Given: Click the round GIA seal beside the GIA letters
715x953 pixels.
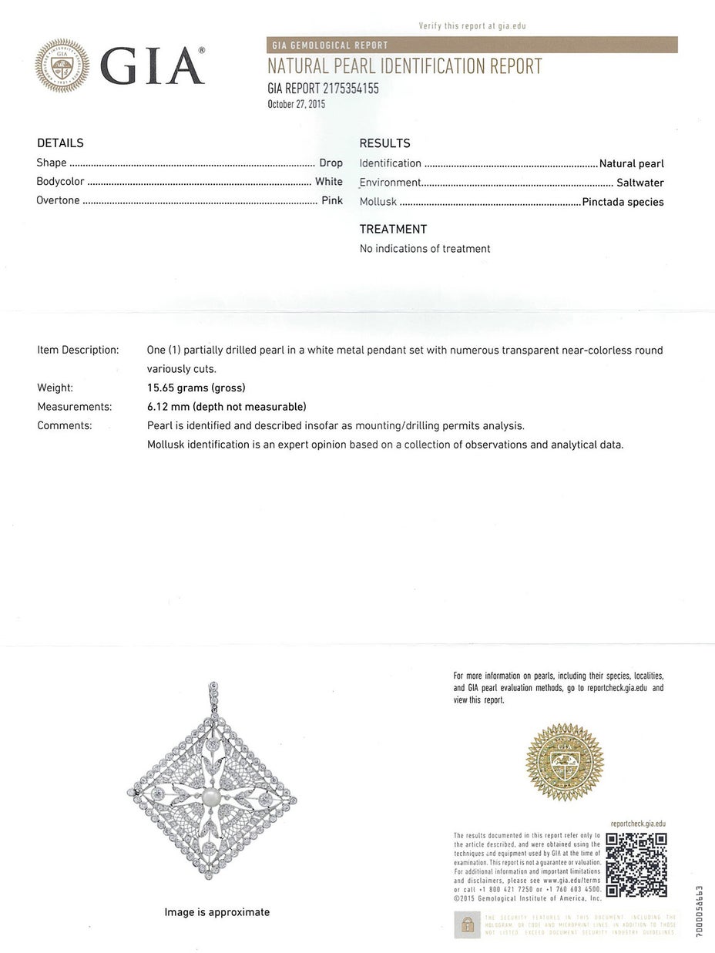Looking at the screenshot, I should [x=62, y=66].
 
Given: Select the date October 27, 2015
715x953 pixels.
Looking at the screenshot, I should [x=297, y=104].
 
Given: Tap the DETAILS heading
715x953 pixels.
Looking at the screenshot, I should [x=60, y=143].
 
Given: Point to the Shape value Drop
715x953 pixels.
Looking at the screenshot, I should [x=331, y=163].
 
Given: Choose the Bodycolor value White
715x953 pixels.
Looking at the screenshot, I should [x=329, y=183].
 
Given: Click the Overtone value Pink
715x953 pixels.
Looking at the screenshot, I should [x=332, y=201].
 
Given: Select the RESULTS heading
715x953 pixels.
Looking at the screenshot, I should [x=384, y=143].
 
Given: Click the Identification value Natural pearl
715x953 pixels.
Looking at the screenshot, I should [x=632, y=163].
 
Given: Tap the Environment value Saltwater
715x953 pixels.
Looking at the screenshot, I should [x=639, y=183].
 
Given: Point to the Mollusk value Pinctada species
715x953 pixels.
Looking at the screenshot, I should [x=623, y=203].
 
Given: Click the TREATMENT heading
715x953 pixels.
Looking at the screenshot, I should [x=393, y=229].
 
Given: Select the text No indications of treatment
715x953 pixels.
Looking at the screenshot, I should [x=425, y=249].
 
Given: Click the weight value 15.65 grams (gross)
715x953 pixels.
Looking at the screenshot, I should [x=196, y=388].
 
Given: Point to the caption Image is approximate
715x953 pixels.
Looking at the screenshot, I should [x=217, y=912].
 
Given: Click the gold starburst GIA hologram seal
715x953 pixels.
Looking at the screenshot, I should [x=565, y=762].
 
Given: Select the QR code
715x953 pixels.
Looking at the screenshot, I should [x=636, y=864].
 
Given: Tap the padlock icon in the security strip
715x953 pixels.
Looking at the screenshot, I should [x=466, y=924].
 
